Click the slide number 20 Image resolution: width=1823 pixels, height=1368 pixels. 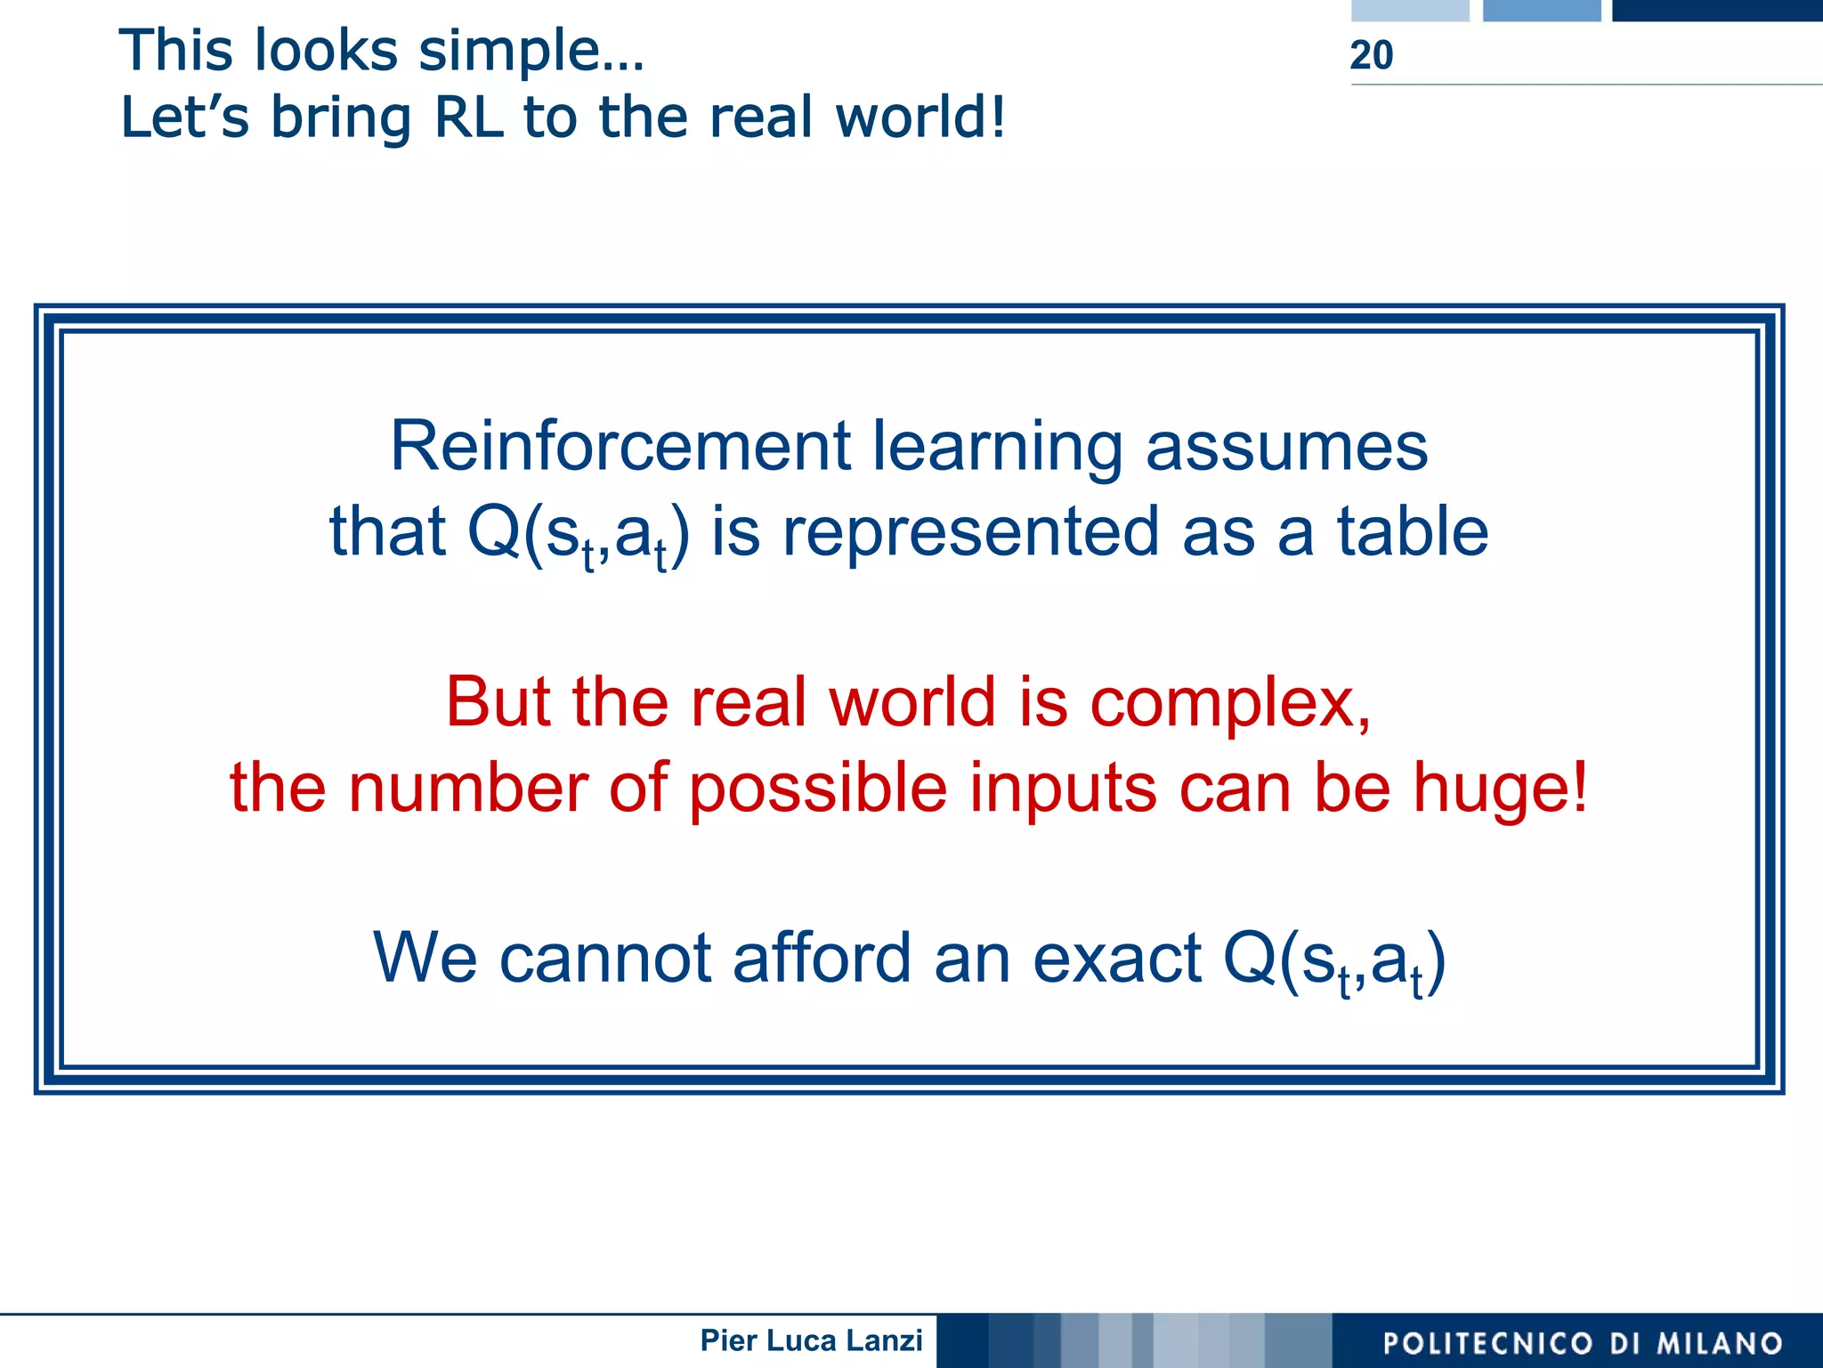tap(1371, 55)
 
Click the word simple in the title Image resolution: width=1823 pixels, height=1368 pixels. tap(531, 51)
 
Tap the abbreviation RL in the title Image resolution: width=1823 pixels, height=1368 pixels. tap(468, 117)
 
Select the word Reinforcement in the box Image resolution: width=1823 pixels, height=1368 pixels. tap(620, 446)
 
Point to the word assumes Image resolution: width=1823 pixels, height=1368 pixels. tap(1286, 446)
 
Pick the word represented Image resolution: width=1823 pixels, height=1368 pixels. tap(970, 531)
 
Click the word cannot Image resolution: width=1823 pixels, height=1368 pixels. tap(604, 959)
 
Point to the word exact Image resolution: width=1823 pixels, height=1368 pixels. tap(1117, 959)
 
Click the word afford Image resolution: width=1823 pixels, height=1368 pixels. tap(822, 959)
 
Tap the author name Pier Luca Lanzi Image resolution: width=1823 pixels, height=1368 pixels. tap(811, 1340)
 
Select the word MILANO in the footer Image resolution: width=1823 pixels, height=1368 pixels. tap(1720, 1343)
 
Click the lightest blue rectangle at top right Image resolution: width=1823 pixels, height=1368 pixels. tap(1410, 10)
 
